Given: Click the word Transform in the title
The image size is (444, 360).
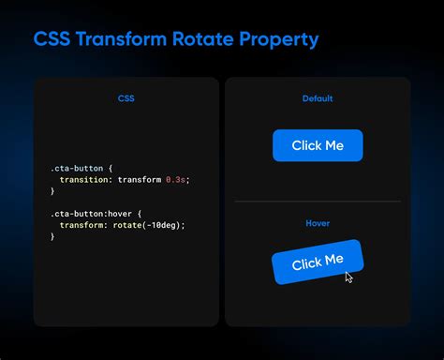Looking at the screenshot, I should coord(116,39).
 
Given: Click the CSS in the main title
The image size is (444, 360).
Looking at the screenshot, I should coord(52,39).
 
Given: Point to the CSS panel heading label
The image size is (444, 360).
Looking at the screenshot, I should coord(126,98).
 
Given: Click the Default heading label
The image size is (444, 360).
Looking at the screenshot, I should coord(318,98).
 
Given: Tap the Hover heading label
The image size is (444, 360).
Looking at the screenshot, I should coord(318,223).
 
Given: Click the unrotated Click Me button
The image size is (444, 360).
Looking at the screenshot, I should coord(318,145).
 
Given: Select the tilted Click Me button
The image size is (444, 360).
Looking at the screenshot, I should coord(318,262).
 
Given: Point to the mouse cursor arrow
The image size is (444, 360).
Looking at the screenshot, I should coord(348,277).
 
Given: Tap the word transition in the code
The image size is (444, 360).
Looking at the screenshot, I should coord(81,178).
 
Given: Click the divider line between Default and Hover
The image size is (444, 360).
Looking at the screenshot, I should coord(318,201).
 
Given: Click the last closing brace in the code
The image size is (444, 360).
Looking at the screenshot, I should coord(52,237).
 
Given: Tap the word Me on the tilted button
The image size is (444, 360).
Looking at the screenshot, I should coord(333,260).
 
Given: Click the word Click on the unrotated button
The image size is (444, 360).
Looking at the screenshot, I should coord(305,145).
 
